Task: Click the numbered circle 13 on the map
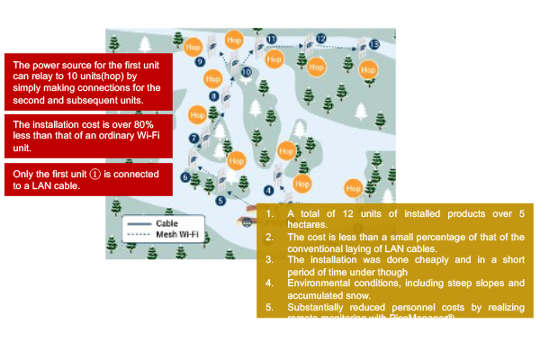coord(373,43)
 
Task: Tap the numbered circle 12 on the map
coord(320,39)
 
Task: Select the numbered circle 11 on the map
coord(271,38)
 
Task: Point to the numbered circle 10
coord(246,71)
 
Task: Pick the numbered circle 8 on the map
coord(213,95)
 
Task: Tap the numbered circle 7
coord(193,138)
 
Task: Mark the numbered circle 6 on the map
coord(185,177)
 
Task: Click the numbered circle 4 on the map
coord(268,190)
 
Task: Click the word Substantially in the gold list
coord(324,307)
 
